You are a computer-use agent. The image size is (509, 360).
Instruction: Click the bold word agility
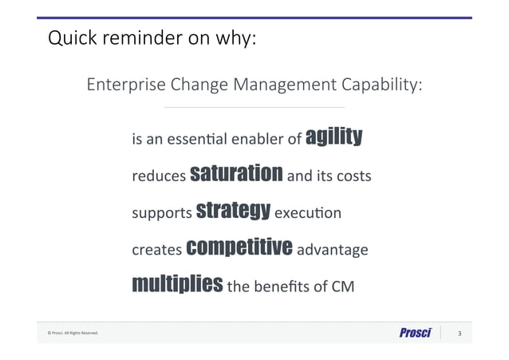pyautogui.click(x=335, y=137)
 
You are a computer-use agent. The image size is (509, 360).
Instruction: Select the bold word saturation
pyautogui.click(x=237, y=173)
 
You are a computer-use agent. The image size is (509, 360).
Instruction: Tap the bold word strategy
pyautogui.click(x=233, y=211)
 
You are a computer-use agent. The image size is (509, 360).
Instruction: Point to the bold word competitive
pyautogui.click(x=239, y=247)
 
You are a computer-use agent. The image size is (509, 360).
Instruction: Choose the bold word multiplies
pyautogui.click(x=177, y=284)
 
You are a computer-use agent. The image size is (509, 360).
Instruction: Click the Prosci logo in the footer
pyautogui.click(x=415, y=333)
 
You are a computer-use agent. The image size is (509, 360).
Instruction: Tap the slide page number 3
pyautogui.click(x=459, y=334)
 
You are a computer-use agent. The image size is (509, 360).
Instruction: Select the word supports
pyautogui.click(x=162, y=214)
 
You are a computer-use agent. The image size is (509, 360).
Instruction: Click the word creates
pyautogui.click(x=156, y=250)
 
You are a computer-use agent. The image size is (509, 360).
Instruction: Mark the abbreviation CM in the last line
pyautogui.click(x=339, y=287)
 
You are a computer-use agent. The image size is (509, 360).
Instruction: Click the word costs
pyautogui.click(x=353, y=176)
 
